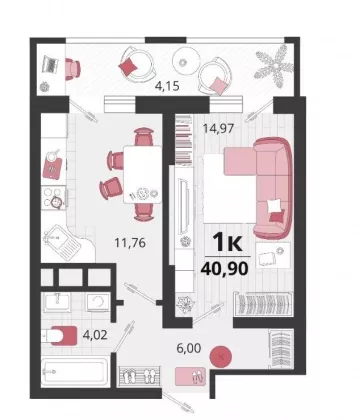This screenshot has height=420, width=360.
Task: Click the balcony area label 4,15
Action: (167, 86)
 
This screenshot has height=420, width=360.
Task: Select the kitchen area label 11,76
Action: (130, 243)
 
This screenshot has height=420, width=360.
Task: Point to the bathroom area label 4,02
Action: (95, 335)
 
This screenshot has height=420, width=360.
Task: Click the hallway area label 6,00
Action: (189, 348)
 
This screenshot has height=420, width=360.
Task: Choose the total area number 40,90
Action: (224, 268)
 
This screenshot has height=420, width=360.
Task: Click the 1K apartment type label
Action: (228, 242)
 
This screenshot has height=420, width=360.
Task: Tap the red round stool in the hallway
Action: (220, 357)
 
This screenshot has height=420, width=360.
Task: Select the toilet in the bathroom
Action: (60, 335)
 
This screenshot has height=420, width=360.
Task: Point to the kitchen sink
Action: (63, 241)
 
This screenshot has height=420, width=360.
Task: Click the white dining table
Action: (143, 174)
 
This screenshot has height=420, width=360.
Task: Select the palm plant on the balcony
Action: (274, 67)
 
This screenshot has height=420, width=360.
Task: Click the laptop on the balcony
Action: (50, 66)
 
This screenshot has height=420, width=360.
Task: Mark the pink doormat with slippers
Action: (191, 376)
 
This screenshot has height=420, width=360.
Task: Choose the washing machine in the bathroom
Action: (98, 302)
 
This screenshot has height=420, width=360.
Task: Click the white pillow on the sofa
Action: (275, 205)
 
